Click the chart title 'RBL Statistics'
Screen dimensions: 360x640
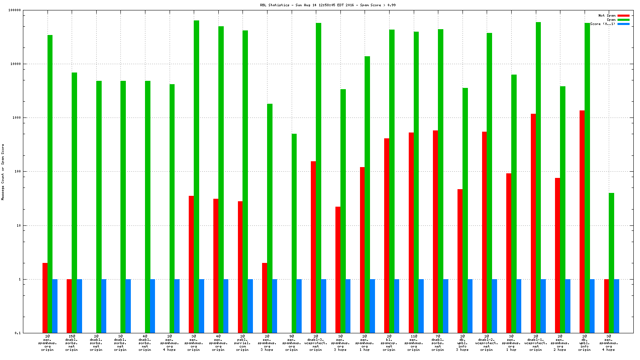click(273, 5)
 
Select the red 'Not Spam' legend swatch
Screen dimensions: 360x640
click(623, 16)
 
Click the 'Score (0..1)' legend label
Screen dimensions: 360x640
click(602, 24)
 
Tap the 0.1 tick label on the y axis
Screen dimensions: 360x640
click(17, 333)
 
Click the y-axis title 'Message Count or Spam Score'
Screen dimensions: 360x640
click(3, 172)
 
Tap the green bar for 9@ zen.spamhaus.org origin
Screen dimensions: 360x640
click(294, 233)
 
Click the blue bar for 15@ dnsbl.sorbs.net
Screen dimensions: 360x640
click(79, 306)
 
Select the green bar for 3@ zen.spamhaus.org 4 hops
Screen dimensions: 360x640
click(611, 262)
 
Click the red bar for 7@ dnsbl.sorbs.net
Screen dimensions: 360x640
click(435, 231)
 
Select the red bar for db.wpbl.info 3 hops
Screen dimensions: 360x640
click(460, 261)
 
